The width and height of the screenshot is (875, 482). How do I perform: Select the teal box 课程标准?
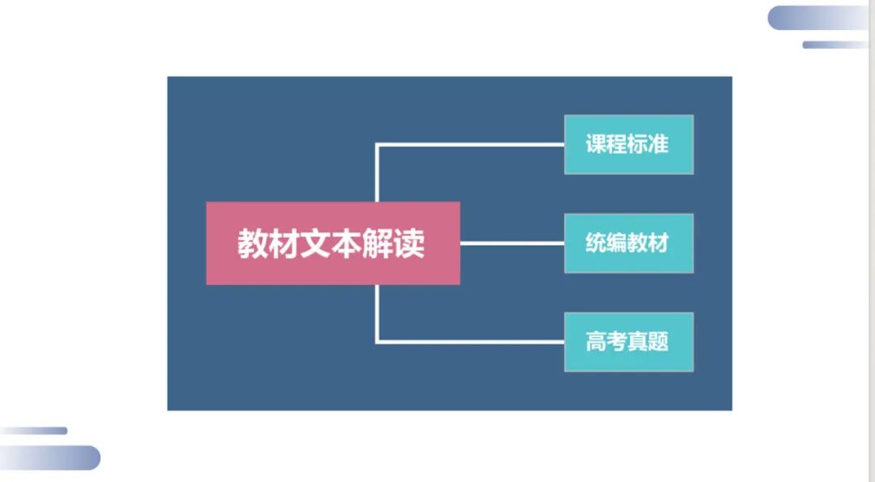[x=629, y=144]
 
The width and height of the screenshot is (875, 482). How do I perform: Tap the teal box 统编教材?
[x=629, y=243]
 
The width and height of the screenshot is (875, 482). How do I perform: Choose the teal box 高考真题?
[x=629, y=342]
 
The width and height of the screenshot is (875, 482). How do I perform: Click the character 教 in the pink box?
[x=253, y=244]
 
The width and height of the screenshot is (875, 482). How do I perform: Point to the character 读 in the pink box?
[x=410, y=244]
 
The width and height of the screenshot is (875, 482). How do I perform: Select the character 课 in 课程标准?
[x=596, y=144]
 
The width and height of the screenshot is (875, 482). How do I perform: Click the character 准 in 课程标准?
[x=659, y=144]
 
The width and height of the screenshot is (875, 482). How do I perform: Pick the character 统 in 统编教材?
[x=596, y=243]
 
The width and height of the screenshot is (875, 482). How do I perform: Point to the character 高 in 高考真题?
[x=596, y=342]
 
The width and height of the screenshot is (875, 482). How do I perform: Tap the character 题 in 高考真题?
[x=659, y=342]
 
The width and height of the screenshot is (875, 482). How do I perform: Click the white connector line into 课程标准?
[x=470, y=145]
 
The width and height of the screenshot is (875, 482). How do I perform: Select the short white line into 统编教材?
[x=512, y=243]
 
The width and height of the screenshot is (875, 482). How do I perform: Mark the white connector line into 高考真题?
[x=470, y=342]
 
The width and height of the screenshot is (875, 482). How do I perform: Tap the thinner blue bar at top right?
[x=834, y=45]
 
